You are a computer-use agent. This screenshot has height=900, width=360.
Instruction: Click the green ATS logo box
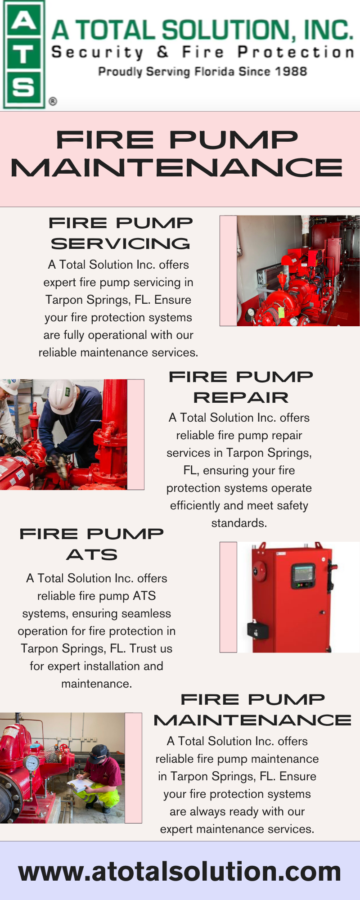click(23, 54)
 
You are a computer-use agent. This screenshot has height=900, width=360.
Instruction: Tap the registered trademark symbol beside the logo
click(53, 101)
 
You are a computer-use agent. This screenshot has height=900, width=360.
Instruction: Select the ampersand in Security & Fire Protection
click(162, 52)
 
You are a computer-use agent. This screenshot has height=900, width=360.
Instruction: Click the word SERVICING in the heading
click(121, 244)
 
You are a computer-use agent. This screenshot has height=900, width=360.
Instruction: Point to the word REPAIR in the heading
click(241, 398)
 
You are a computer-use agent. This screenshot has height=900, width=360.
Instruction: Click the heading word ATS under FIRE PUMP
click(92, 555)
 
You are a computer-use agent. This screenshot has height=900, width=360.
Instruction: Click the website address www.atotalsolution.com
click(180, 871)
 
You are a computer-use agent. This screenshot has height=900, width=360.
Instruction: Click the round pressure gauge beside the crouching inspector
click(31, 763)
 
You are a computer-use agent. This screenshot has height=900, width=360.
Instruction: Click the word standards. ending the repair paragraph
click(239, 523)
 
